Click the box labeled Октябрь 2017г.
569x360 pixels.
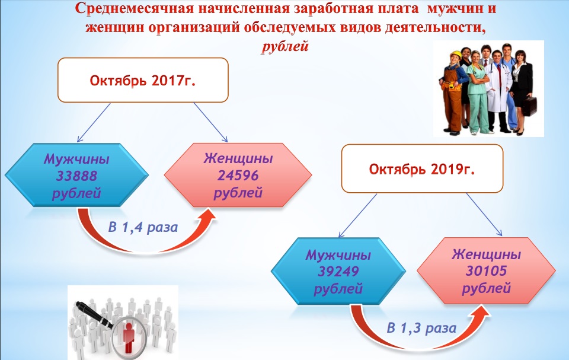click(143, 80)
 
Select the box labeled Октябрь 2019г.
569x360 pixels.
click(422, 168)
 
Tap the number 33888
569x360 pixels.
click(76, 176)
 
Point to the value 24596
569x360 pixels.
click(238, 176)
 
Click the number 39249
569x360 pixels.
click(338, 272)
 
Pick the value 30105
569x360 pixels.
click(486, 270)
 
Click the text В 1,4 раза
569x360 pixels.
click(143, 227)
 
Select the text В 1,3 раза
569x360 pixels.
click(421, 327)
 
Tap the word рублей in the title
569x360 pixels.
click(285, 46)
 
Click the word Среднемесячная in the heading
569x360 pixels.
click(135, 9)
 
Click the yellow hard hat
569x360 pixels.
click(455, 55)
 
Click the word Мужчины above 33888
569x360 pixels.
click(76, 159)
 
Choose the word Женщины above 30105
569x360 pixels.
click(486, 254)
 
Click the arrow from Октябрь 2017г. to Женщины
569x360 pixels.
click(210, 122)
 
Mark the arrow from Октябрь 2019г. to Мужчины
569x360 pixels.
click(357, 215)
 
